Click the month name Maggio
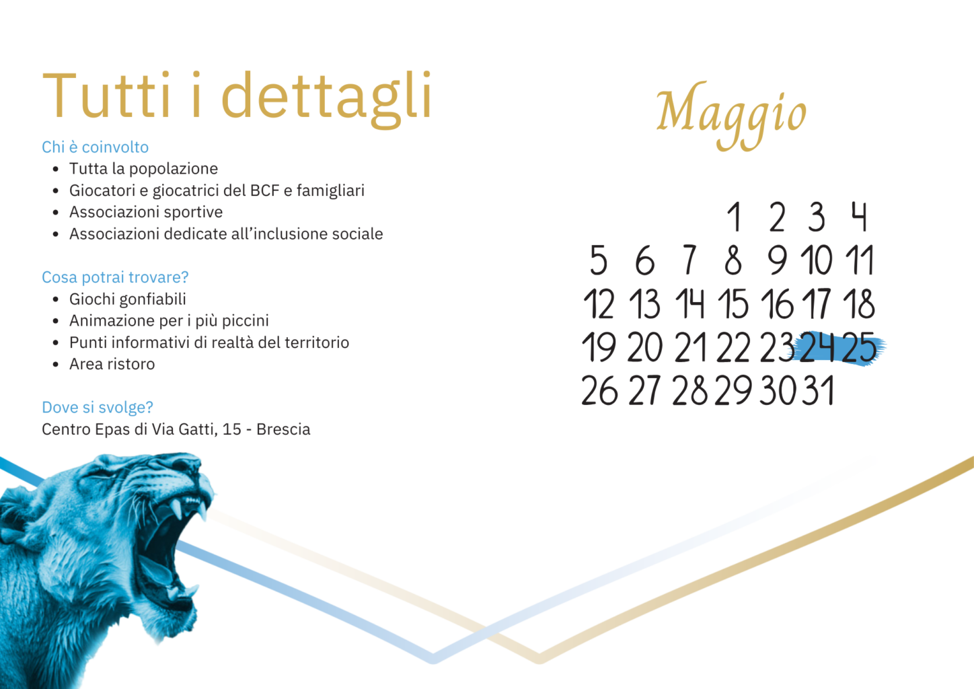[x=731, y=115]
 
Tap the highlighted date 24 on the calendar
[x=817, y=347]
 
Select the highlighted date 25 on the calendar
[x=859, y=347]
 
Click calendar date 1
[x=735, y=217]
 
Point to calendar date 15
[x=733, y=303]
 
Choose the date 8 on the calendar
[x=733, y=260]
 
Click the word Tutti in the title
[x=107, y=96]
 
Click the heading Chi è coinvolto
[x=96, y=147]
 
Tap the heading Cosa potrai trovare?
[x=115, y=277]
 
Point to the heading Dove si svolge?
[x=98, y=407]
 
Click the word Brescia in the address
[x=283, y=429]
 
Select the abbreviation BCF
[x=264, y=190]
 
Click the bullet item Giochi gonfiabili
[x=127, y=299]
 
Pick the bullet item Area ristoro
[x=112, y=364]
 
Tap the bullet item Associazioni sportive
[x=146, y=212]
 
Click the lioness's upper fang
[x=176, y=507]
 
